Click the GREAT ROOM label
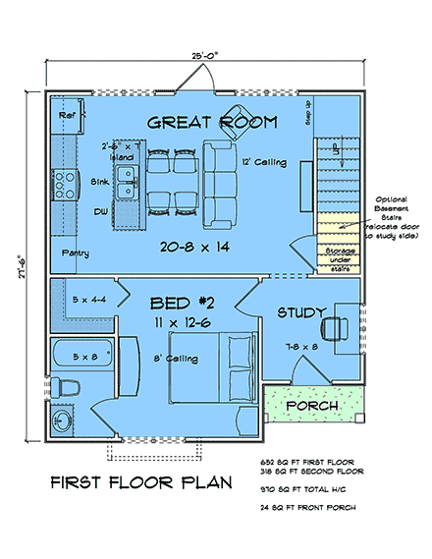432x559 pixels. point(211,123)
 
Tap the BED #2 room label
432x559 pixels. point(176,301)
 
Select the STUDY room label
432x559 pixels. point(301,313)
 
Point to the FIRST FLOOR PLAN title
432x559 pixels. point(140,483)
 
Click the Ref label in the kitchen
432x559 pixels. point(67,115)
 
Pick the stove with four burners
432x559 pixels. point(65,183)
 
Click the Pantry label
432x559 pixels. point(74,253)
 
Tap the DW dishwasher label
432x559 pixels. point(99,211)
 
